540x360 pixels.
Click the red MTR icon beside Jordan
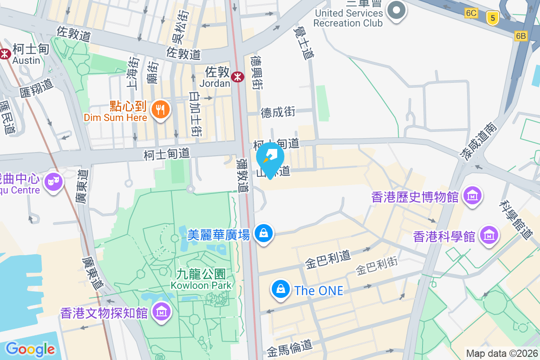[x=237, y=77]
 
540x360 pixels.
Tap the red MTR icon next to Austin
[x=5, y=54]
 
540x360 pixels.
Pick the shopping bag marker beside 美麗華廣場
[x=263, y=234]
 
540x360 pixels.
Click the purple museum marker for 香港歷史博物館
[x=473, y=196]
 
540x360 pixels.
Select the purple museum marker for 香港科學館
[x=488, y=235]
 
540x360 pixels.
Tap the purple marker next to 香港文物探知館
[x=161, y=312]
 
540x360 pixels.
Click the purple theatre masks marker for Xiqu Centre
[x=54, y=182]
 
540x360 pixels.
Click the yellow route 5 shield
[x=493, y=18]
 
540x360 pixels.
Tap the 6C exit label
[x=471, y=13]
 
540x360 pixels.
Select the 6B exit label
[x=521, y=36]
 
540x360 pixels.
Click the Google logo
[x=30, y=349]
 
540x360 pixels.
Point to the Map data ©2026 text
[x=502, y=354]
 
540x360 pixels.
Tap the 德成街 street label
[x=278, y=112]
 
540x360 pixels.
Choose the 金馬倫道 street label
[x=289, y=347]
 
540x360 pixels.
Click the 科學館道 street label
[x=517, y=219]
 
